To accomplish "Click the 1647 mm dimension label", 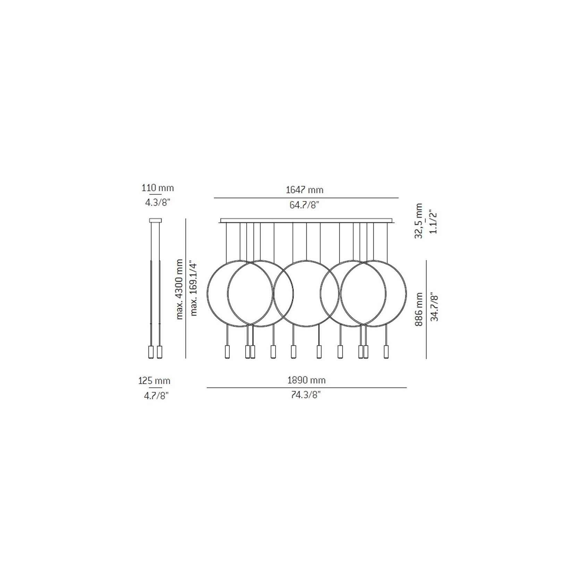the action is pos(304,190).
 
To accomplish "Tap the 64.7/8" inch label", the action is pos(304,205).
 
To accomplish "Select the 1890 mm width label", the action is pos(306,380).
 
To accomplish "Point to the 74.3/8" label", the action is pos(306,395).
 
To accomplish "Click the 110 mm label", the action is pos(158,188).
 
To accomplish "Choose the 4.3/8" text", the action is pos(158,203).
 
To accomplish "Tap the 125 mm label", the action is pos(154,381).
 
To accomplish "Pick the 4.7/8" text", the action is pos(156,396).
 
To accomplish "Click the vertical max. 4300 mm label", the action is pos(179,289).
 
